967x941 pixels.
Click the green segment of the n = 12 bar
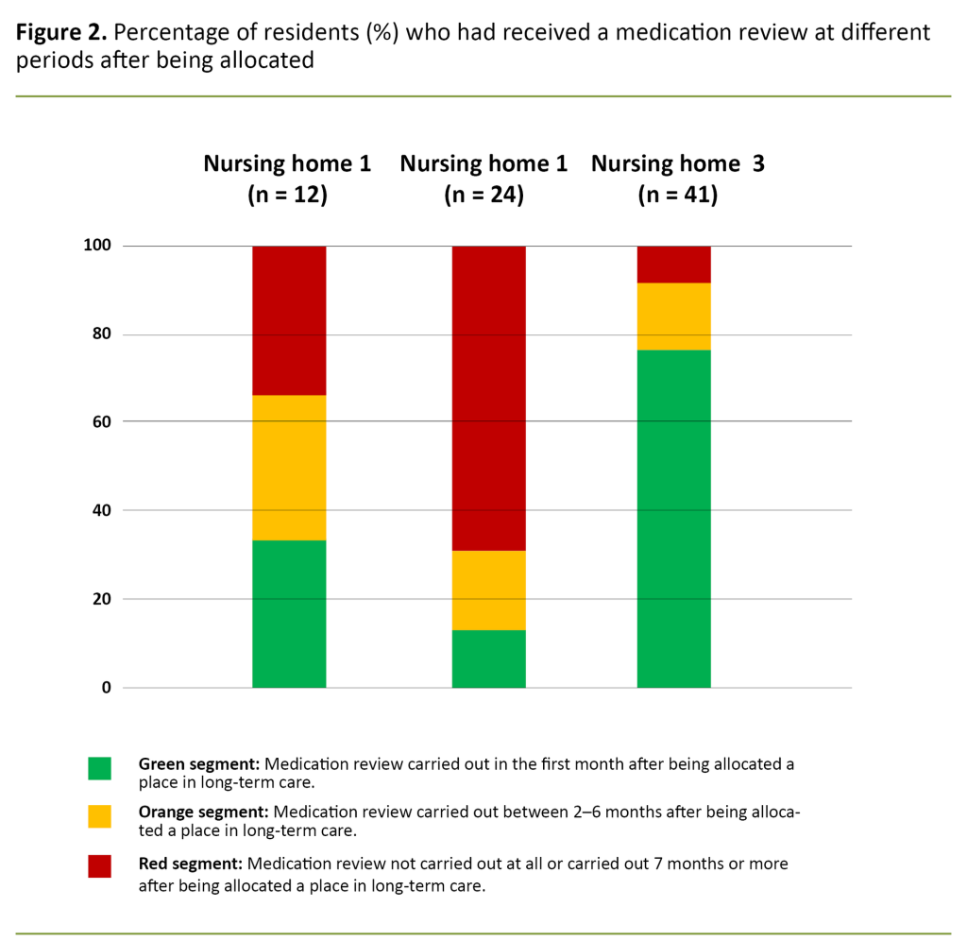(x=289, y=613)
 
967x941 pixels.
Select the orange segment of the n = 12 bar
(x=289, y=467)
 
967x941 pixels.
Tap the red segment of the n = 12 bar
(x=289, y=319)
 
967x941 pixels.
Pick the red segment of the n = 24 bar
(x=488, y=397)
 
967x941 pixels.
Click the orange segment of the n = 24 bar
(x=488, y=590)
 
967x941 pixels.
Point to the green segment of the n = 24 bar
(x=488, y=659)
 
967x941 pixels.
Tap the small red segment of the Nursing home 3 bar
(x=673, y=264)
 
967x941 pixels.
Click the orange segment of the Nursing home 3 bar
(x=673, y=316)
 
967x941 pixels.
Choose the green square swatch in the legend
(x=99, y=767)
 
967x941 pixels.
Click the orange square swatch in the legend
(x=99, y=816)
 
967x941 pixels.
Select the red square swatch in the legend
(x=99, y=865)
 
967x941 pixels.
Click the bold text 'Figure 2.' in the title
(x=59, y=33)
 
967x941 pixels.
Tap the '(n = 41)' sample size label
(x=677, y=196)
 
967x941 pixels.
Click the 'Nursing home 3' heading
(x=677, y=163)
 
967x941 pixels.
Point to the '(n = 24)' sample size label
(x=483, y=196)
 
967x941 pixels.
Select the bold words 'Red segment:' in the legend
(x=189, y=864)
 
